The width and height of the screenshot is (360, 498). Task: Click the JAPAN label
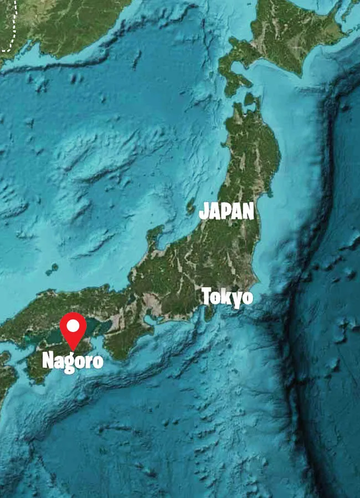coord(226,211)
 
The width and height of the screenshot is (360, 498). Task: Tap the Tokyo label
coord(227,297)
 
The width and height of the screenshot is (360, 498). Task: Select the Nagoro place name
coord(73,361)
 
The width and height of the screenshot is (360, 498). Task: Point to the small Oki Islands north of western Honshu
coord(53,269)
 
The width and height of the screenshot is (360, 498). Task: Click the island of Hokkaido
coord(288,33)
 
